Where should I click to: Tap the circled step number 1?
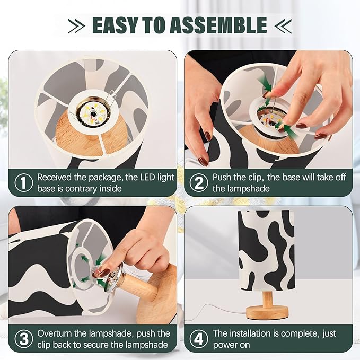click(23, 182)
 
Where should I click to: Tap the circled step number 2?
click(199, 182)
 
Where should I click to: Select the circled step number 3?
click(23, 339)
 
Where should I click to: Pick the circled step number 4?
click(199, 339)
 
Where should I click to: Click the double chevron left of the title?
click(76, 25)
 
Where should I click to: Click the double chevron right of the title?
click(284, 25)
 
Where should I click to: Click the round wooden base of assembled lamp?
click(268, 311)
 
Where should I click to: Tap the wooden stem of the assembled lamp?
click(268, 298)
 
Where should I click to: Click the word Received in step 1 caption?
click(57, 177)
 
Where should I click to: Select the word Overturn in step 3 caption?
click(57, 333)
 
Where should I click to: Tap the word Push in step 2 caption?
click(223, 177)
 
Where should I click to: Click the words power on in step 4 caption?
click(232, 345)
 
